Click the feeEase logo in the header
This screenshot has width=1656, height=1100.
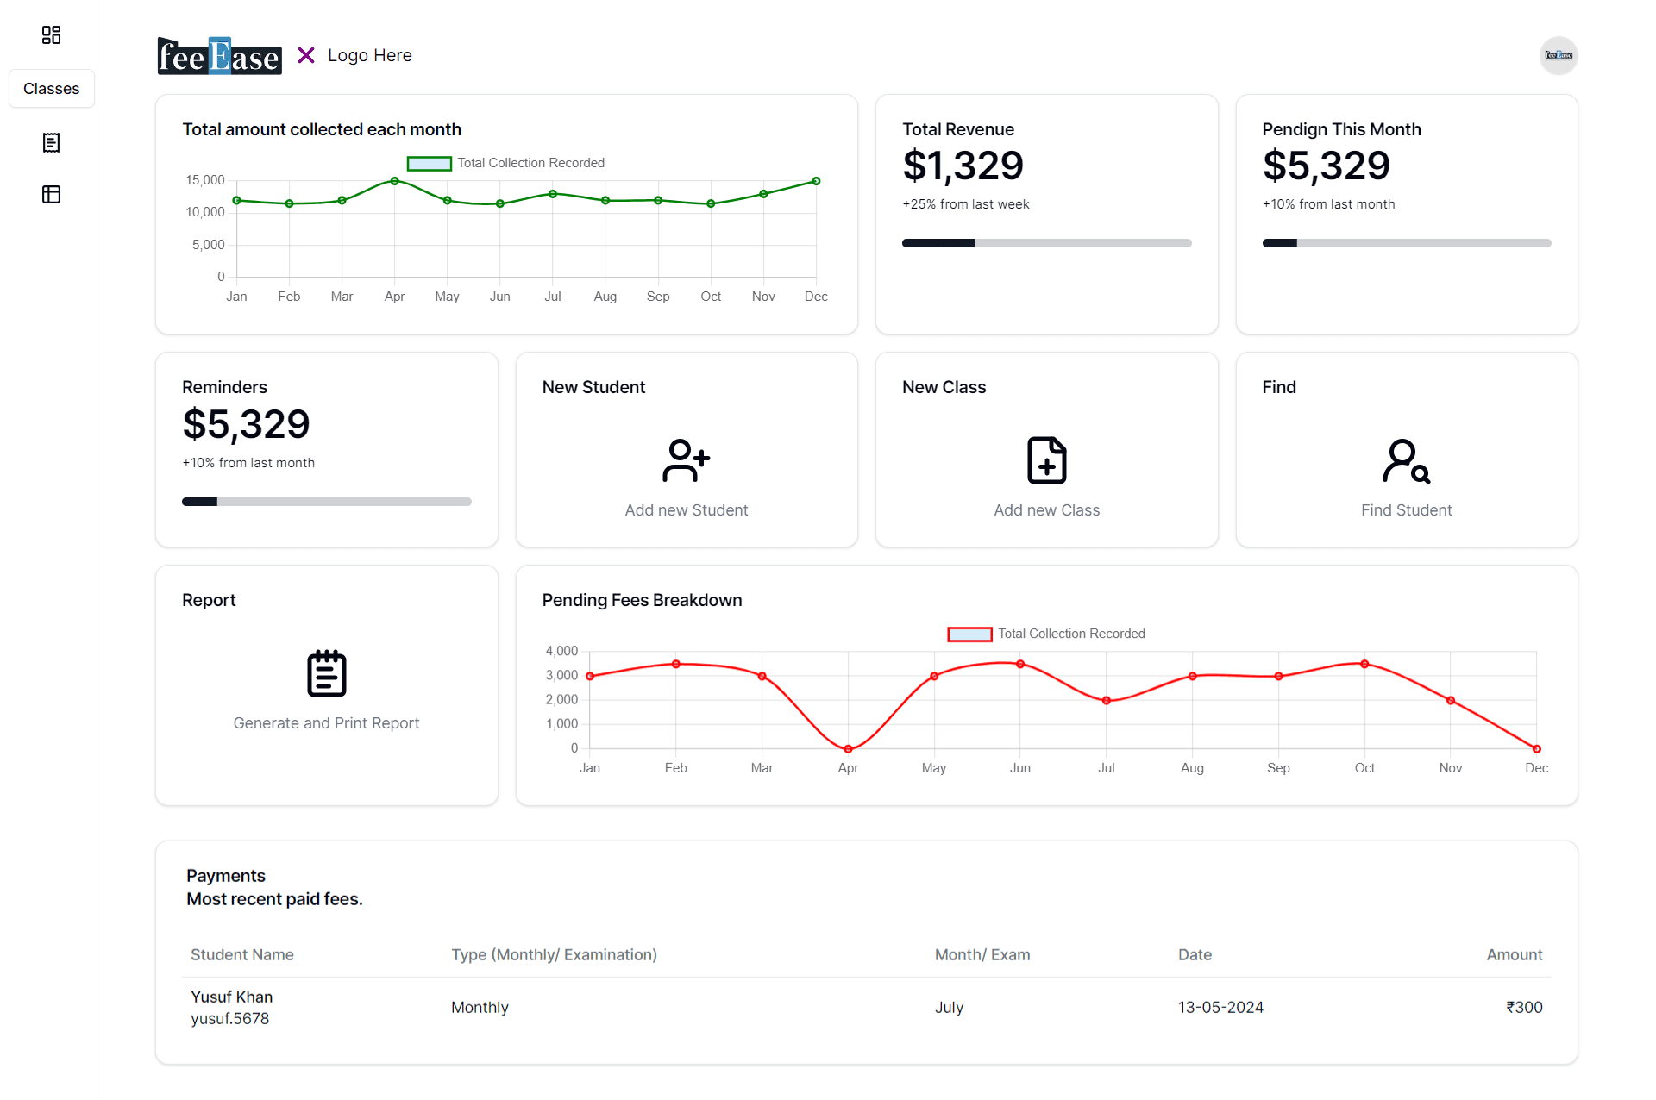coord(219,56)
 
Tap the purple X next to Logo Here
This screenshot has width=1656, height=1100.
coord(306,55)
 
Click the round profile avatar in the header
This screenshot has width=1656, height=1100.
coord(1558,55)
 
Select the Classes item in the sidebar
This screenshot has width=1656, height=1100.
coord(52,89)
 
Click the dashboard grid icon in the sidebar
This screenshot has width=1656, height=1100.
coord(52,34)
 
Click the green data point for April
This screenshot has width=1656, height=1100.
coord(394,181)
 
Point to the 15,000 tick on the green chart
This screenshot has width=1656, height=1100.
coord(205,180)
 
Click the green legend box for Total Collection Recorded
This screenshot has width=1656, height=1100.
coord(429,163)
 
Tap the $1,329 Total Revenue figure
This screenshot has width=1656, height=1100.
coord(963,166)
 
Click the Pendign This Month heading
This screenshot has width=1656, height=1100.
coord(1341,129)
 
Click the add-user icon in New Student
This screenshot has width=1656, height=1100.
coord(686,460)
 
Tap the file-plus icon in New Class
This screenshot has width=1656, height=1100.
coord(1046,460)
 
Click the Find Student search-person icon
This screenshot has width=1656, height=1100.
coord(1406,460)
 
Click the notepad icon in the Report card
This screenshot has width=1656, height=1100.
coord(326,673)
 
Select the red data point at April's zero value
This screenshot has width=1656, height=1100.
coord(848,748)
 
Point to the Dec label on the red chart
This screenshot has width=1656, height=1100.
coord(1536,768)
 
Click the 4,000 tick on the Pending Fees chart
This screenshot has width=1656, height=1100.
coord(561,651)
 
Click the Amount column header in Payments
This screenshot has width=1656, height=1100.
coord(1514,954)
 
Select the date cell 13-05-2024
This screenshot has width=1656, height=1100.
coord(1220,1007)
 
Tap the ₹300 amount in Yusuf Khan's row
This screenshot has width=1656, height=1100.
coord(1524,1007)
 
